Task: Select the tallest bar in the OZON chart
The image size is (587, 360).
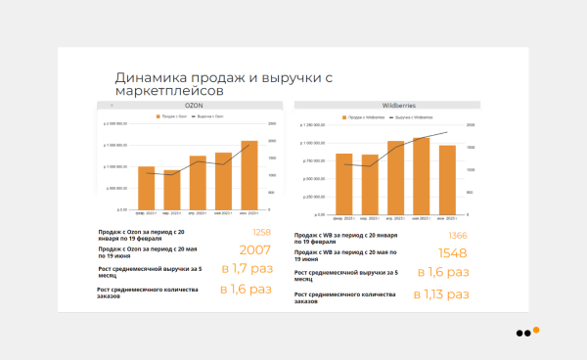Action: point(249,175)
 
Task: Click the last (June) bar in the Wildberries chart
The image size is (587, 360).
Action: point(447,179)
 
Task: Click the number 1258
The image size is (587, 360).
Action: point(261,232)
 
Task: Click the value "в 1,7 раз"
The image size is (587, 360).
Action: point(246,269)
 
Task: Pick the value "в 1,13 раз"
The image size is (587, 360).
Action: point(441,293)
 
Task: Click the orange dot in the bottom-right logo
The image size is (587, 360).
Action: point(536,330)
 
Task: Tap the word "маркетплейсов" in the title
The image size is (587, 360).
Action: point(169,90)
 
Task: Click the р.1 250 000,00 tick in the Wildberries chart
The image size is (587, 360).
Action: point(309,125)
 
